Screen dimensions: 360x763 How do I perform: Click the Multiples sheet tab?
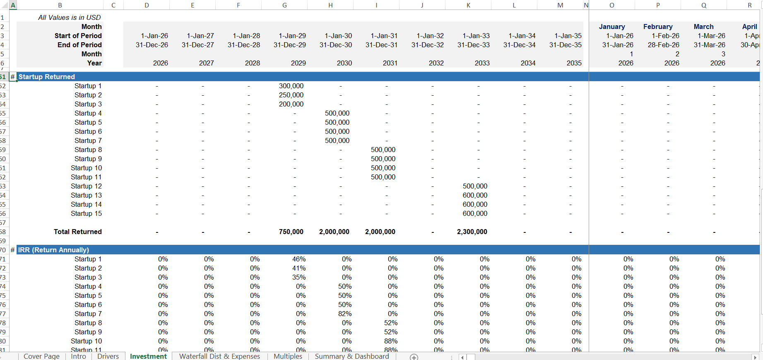288,356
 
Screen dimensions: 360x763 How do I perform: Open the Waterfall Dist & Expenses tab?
219,356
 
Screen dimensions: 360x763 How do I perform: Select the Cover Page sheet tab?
41,356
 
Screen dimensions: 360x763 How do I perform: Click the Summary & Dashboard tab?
351,356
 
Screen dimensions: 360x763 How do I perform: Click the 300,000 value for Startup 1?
291,86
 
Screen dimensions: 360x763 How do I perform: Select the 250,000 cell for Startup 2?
291,95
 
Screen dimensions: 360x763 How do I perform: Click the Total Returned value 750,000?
291,232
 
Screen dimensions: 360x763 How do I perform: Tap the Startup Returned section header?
47,77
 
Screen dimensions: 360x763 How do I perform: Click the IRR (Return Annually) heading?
53,250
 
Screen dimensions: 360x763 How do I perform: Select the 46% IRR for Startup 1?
298,259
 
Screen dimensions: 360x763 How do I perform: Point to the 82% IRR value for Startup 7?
344,314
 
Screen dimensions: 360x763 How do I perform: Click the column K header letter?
468,5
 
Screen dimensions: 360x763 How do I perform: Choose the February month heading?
657,27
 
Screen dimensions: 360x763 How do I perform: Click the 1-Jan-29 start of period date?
292,36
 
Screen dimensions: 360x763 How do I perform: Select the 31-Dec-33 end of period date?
473,45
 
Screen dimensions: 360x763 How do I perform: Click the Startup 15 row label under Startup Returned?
86,213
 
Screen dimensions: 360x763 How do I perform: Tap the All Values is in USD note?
69,17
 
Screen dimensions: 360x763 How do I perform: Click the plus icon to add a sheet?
414,357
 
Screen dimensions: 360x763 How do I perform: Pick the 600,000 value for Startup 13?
475,195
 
